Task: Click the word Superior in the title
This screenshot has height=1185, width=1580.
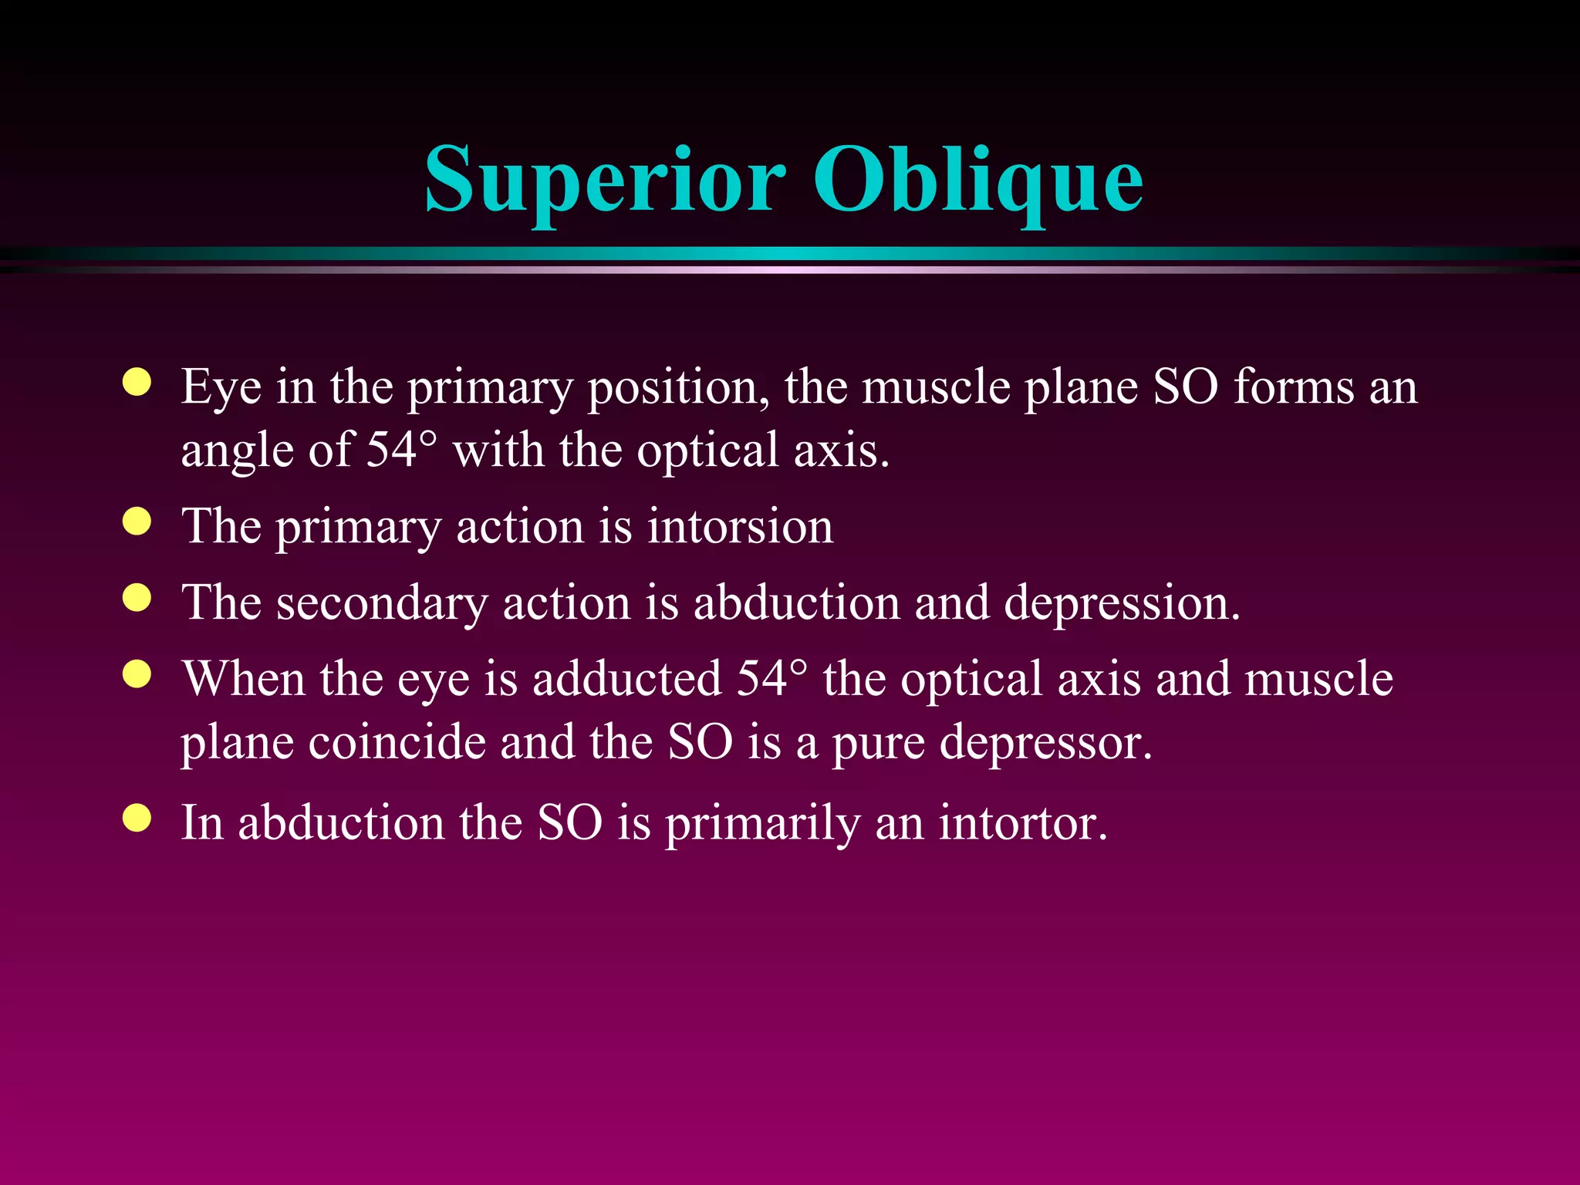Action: pyautogui.click(x=605, y=179)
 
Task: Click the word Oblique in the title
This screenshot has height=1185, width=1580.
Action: pyautogui.click(x=977, y=179)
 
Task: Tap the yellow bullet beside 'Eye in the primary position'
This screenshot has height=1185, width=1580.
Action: pyautogui.click(x=137, y=383)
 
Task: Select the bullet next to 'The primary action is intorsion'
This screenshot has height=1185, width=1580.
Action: pyautogui.click(x=137, y=522)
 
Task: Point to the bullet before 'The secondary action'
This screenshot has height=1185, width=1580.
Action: pyautogui.click(x=137, y=598)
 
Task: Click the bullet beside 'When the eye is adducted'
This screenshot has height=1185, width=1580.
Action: pyautogui.click(x=137, y=674)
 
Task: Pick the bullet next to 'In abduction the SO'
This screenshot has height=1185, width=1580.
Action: pyautogui.click(x=137, y=819)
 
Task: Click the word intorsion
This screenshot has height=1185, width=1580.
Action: pyautogui.click(x=740, y=526)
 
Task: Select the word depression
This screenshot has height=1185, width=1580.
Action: pyautogui.click(x=1122, y=603)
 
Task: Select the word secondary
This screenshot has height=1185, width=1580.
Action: pyautogui.click(x=382, y=603)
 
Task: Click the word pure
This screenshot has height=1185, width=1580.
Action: pyautogui.click(x=878, y=743)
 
